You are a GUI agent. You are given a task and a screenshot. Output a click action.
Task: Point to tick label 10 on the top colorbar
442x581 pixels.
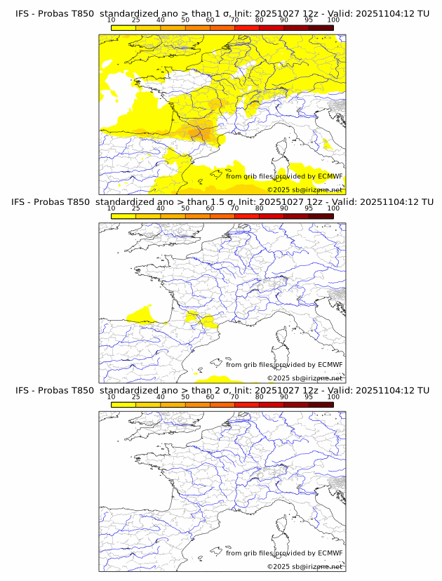pyautogui.click(x=112, y=20)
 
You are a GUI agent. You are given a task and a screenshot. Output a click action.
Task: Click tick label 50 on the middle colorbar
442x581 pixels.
pyautogui.click(x=185, y=208)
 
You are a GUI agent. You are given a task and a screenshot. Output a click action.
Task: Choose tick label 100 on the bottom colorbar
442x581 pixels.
pyautogui.click(x=333, y=396)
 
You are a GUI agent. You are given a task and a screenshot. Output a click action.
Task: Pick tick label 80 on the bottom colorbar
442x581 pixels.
pyautogui.click(x=260, y=396)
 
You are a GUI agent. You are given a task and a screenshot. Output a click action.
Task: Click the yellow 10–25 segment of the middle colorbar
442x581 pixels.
pyautogui.click(x=123, y=216)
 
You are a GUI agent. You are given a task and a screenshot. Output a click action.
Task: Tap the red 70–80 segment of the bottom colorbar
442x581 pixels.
pyautogui.click(x=247, y=405)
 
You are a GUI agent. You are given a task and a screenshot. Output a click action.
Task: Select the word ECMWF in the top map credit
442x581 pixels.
pyautogui.click(x=330, y=176)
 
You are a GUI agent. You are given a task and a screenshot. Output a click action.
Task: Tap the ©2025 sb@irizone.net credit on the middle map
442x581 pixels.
pyautogui.click(x=304, y=378)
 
